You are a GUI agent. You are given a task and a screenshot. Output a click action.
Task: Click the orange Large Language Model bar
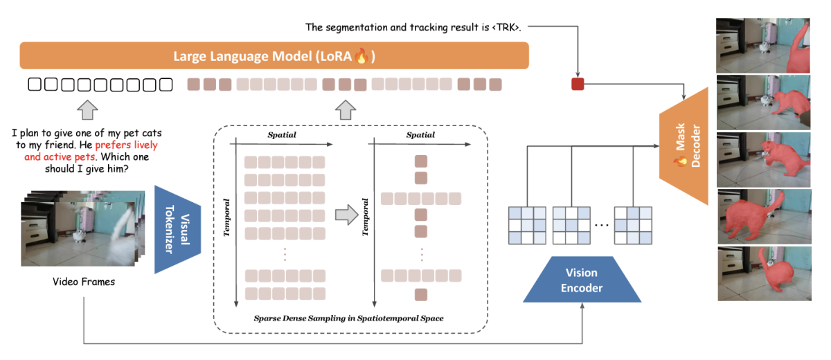274,56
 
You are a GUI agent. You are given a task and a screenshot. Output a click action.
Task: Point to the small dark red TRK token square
578,84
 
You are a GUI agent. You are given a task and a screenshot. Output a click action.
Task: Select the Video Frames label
84,282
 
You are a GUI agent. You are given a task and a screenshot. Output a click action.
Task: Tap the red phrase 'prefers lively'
127,145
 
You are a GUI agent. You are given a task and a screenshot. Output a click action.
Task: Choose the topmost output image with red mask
763,46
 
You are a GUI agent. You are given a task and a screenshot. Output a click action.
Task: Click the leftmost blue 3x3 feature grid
527,225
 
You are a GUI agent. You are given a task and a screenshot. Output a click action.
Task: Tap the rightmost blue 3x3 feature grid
633,225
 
